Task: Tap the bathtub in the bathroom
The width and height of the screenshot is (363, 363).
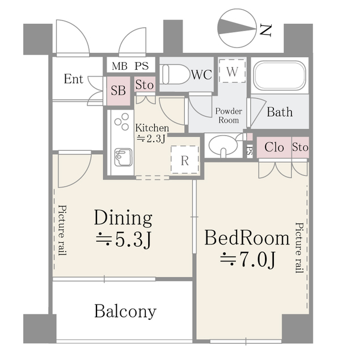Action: (x=280, y=75)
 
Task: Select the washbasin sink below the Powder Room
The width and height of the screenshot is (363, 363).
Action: (x=223, y=145)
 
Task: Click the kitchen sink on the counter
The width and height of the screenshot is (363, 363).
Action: (x=124, y=158)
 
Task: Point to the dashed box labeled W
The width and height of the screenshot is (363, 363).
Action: (x=232, y=70)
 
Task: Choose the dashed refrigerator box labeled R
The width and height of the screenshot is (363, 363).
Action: (x=185, y=159)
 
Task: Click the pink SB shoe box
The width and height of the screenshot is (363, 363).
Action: (x=119, y=91)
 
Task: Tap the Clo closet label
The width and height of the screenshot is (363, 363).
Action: (x=274, y=147)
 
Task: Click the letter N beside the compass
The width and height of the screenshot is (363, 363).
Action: (x=265, y=30)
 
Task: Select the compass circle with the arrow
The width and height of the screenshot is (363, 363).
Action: (x=238, y=28)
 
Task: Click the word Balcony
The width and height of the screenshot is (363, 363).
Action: (x=125, y=312)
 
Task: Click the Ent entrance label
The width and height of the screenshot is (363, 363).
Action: (x=73, y=79)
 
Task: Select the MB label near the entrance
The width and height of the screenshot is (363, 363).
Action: (x=120, y=66)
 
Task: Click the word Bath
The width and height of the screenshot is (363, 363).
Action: (x=280, y=112)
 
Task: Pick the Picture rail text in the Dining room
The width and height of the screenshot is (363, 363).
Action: (x=62, y=230)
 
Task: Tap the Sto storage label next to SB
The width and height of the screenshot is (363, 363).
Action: (x=145, y=85)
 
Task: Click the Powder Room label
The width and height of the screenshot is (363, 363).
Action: (x=229, y=116)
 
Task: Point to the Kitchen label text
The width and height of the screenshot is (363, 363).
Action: (x=152, y=128)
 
